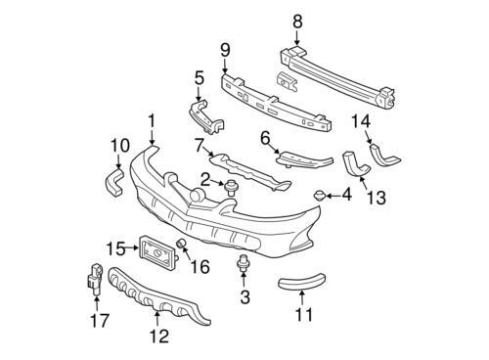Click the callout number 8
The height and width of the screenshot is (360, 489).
point(297,22)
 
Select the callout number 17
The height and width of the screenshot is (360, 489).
point(100,320)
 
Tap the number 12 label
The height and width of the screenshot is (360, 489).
point(159,336)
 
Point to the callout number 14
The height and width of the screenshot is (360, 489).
point(361,121)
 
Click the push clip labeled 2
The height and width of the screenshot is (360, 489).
point(231,188)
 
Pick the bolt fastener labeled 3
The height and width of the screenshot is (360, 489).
point(242,263)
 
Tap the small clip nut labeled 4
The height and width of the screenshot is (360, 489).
point(319,196)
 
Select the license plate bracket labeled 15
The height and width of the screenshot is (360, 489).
point(157,252)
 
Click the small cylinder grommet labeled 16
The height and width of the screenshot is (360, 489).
point(181,244)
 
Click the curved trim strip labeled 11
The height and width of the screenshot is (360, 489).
point(301,282)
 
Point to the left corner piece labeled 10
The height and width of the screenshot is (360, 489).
point(113,183)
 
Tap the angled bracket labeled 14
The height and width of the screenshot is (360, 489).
point(383,155)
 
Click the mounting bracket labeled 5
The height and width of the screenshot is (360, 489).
point(206,116)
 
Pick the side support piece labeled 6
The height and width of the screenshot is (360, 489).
point(304,159)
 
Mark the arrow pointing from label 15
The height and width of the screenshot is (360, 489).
point(132,247)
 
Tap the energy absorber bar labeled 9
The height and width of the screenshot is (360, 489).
point(276,104)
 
